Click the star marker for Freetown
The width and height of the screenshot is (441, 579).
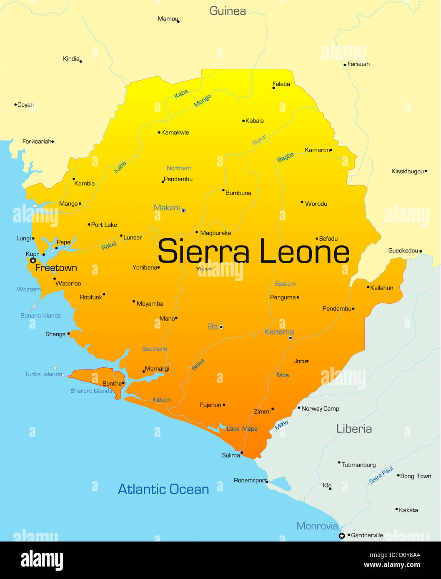click(33, 260)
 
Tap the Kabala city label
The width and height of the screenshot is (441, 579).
click(255, 121)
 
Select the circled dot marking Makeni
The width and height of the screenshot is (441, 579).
click(183, 210)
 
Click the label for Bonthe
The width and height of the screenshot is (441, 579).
click(112, 384)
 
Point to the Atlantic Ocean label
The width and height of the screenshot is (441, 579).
click(163, 489)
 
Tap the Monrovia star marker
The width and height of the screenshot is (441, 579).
click(342, 536)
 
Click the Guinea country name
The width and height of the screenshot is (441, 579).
click(228, 11)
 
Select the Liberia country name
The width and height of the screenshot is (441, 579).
click(354, 429)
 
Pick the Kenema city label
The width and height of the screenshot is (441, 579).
click(279, 332)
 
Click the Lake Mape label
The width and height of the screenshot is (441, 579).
click(242, 429)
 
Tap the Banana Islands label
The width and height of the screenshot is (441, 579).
click(40, 316)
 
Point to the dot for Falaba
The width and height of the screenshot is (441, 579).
click(273, 88)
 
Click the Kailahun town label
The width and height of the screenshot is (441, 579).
click(382, 288)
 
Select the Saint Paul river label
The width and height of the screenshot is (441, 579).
click(381, 475)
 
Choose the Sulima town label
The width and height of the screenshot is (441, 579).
click(231, 455)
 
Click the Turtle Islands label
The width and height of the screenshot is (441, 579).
click(43, 374)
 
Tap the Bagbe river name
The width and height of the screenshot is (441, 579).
click(286, 157)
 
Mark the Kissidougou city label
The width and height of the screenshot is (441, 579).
click(407, 172)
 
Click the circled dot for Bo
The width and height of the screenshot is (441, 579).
click(221, 327)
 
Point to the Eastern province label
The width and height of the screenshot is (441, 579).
click(286, 284)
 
